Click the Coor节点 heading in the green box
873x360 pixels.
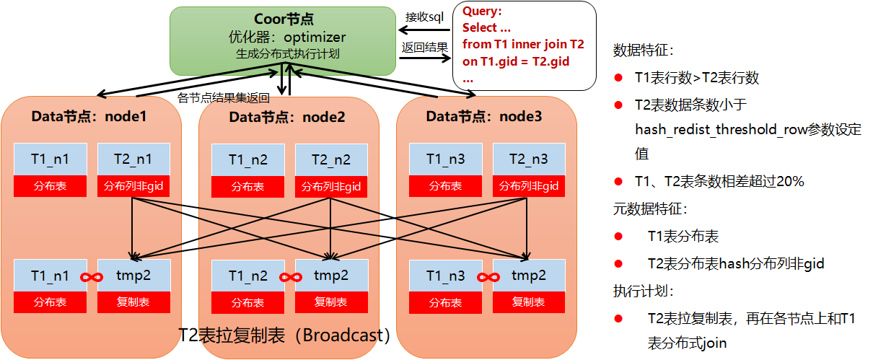click(283, 19)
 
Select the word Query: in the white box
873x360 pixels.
click(482, 12)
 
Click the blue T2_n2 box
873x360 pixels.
click(331, 160)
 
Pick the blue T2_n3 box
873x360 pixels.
click(529, 159)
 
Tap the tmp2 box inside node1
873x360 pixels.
click(133, 276)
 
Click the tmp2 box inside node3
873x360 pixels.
click(529, 276)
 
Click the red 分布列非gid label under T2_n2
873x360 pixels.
click(331, 187)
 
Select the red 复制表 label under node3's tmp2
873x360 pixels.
click(529, 302)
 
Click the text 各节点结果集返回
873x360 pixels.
click(224, 97)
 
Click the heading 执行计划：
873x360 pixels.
click(633, 291)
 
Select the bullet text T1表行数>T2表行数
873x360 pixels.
click(696, 78)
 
